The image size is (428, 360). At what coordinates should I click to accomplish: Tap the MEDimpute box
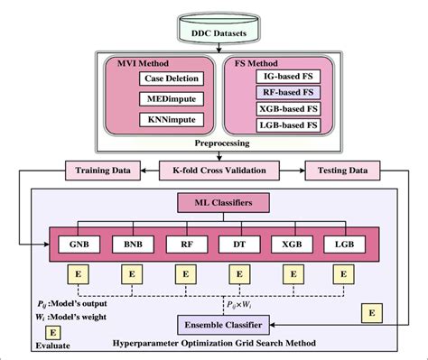(x=172, y=100)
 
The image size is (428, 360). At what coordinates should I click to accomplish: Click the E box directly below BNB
(x=132, y=272)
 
